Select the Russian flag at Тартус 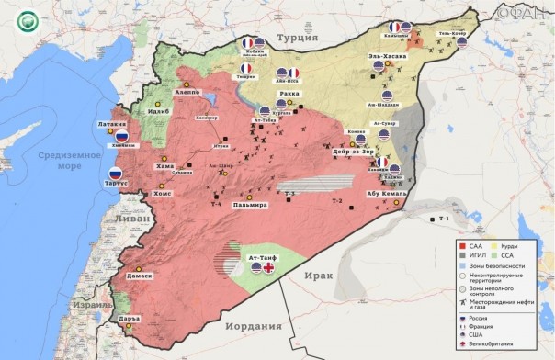point(116,174)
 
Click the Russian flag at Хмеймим point(121,135)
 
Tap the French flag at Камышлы point(394,28)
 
